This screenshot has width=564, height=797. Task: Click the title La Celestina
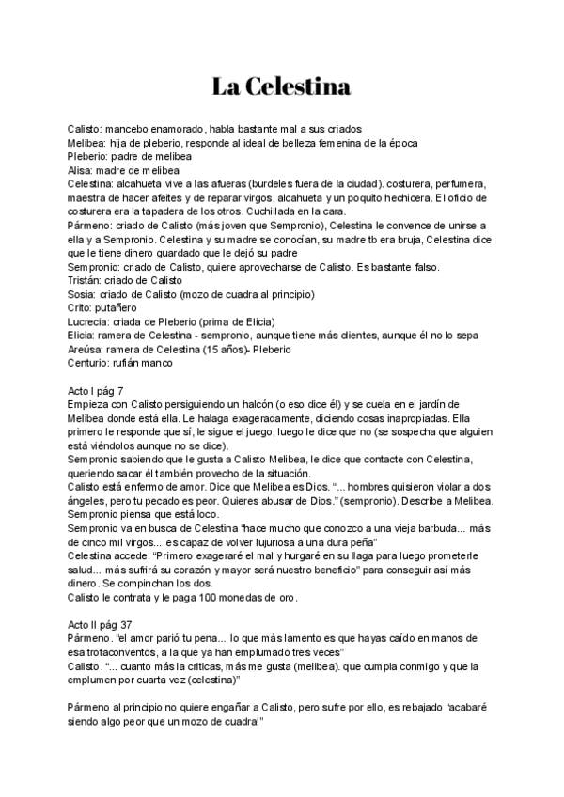coord(281,87)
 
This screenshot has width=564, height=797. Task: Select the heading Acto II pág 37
coord(106,625)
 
